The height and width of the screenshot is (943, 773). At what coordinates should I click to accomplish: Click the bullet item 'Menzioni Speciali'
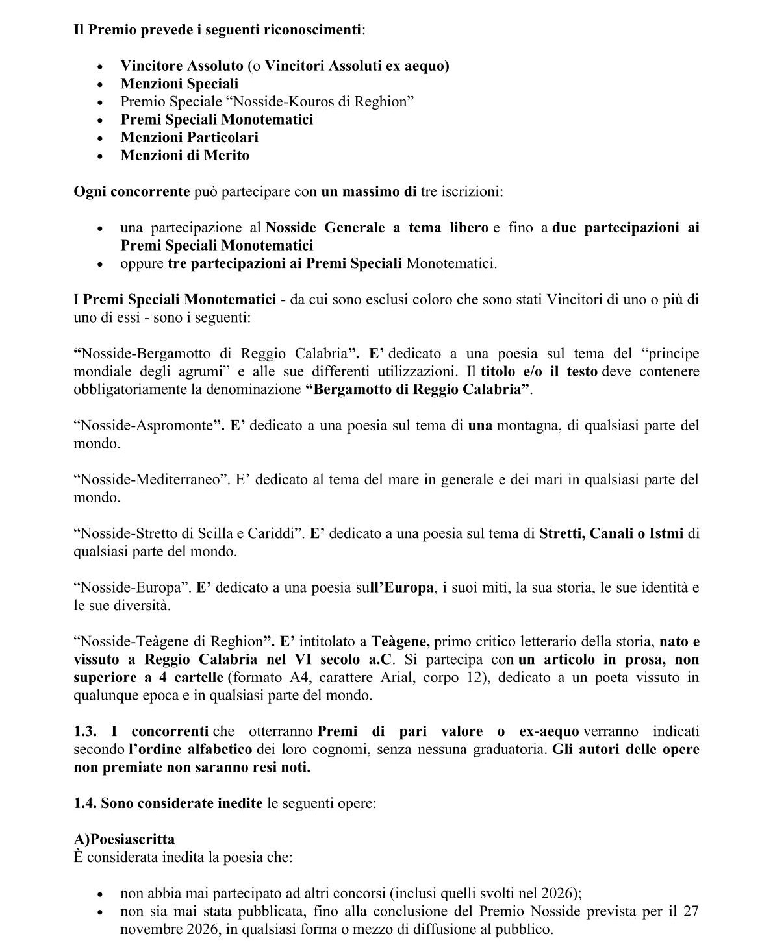click(179, 84)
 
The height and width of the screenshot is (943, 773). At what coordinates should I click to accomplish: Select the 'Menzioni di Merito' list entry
click(184, 155)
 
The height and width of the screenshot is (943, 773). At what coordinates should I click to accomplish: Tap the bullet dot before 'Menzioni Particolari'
click(100, 138)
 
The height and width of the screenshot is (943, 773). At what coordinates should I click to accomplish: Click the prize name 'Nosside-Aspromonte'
click(146, 426)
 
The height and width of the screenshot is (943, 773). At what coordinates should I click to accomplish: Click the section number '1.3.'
click(85, 731)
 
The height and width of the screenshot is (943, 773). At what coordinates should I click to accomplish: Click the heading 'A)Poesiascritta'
click(124, 839)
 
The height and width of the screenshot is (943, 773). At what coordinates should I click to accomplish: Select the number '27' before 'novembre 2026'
click(691, 911)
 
